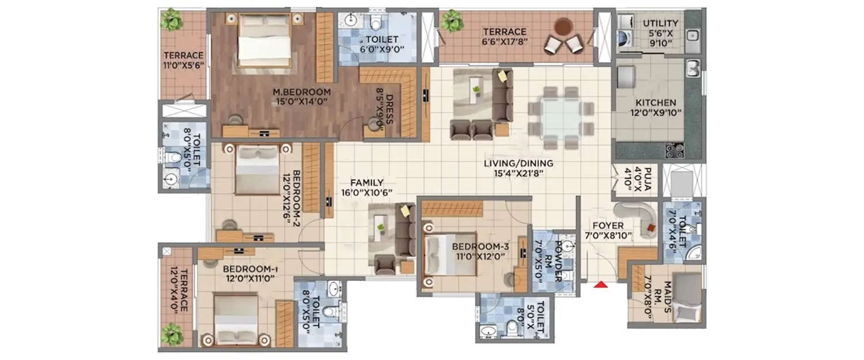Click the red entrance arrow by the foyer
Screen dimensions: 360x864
(x=601, y=283)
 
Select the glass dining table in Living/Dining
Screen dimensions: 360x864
(x=556, y=118)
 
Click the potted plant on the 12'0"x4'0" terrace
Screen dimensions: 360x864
(x=170, y=332)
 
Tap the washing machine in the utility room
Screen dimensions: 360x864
(x=627, y=41)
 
